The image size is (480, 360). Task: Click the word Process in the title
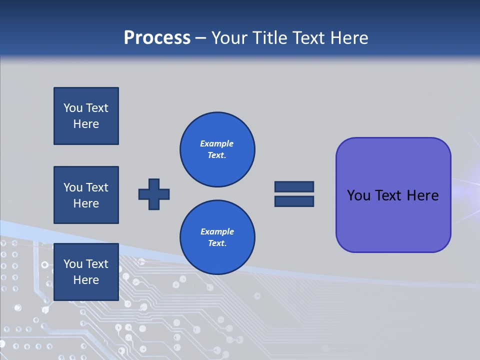point(157,38)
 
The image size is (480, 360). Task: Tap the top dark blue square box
point(86,116)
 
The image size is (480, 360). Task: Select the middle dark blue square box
point(86,195)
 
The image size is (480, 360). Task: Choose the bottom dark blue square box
point(86,272)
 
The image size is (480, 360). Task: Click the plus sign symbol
point(154,194)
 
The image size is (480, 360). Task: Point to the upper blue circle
point(217,149)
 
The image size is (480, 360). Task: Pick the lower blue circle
point(217,237)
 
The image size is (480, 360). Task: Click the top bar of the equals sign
point(294,186)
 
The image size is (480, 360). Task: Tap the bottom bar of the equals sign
point(294,201)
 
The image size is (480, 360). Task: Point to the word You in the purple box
point(358,195)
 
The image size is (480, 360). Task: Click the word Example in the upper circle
point(217,143)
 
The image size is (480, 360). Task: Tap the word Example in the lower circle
point(217,231)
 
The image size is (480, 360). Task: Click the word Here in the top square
point(86,124)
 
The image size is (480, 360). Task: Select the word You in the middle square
point(73,187)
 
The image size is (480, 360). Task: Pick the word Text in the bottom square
point(97,264)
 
